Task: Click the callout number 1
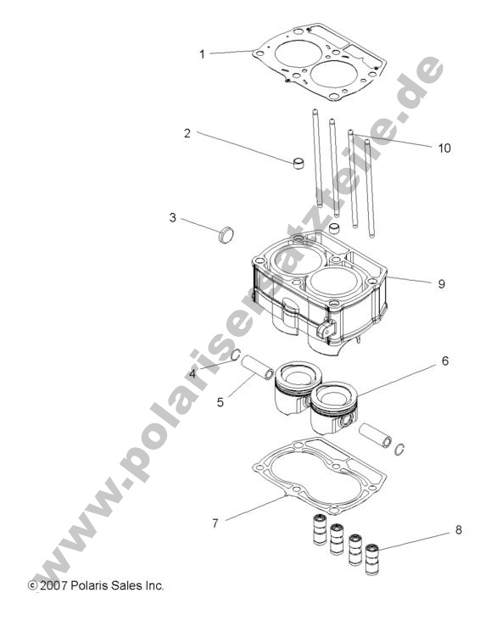click(x=202, y=54)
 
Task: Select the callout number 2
click(x=187, y=133)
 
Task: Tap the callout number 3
click(x=172, y=218)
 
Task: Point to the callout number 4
click(x=193, y=372)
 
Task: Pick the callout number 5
click(x=220, y=402)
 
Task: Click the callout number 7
click(x=215, y=523)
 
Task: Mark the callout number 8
click(x=459, y=532)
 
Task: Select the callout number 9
click(x=441, y=283)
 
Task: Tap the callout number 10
click(x=444, y=148)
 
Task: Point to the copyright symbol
click(x=33, y=585)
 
